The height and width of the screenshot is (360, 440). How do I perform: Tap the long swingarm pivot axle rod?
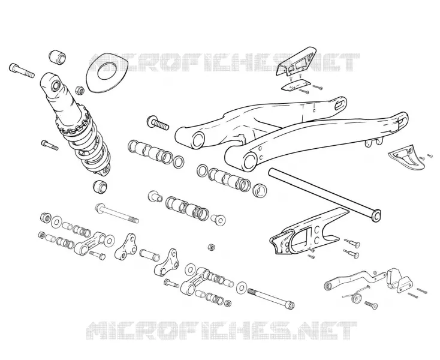pyautogui.click(x=325, y=194)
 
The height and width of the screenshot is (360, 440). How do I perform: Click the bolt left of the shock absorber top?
pyautogui.click(x=22, y=70)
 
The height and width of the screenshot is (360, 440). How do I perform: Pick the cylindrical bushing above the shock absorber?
pyautogui.click(x=57, y=57)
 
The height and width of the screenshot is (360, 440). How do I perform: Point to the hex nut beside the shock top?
pyautogui.click(x=80, y=90)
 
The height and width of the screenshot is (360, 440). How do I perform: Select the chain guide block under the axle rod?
pyautogui.click(x=305, y=234)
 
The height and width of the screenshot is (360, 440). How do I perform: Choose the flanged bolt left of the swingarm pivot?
pyautogui.click(x=158, y=122)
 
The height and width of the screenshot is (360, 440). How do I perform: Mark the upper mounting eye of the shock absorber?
pyautogui.click(x=55, y=86)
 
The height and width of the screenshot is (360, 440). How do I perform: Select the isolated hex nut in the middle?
pyautogui.click(x=211, y=247)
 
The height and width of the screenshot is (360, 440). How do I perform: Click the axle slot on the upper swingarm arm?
pyautogui.click(x=340, y=104)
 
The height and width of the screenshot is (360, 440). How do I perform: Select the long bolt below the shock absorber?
pyautogui.click(x=117, y=213)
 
